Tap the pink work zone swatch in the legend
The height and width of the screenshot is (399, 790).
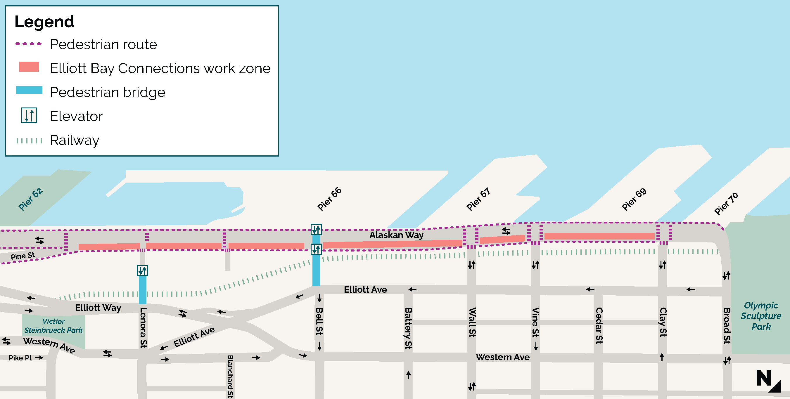click(29, 67)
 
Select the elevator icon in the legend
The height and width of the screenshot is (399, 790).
click(29, 116)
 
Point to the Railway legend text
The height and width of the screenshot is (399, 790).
click(75, 140)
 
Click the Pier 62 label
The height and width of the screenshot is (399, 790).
click(30, 199)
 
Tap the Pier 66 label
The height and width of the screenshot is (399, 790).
click(329, 199)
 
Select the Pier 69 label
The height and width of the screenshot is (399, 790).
click(634, 199)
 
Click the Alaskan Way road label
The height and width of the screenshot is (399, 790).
click(396, 235)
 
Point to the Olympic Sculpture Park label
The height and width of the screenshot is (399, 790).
click(761, 316)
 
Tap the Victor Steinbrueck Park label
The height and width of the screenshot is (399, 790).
click(53, 326)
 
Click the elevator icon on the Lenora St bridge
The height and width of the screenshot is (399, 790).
click(142, 270)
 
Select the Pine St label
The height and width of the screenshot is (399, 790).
click(23, 256)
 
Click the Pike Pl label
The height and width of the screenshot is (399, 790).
click(20, 358)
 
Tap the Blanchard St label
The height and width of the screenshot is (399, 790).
click(230, 377)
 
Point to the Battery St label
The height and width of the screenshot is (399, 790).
click(408, 328)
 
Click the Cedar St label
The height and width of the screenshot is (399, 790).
click(599, 325)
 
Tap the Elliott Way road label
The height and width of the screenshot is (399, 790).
click(98, 308)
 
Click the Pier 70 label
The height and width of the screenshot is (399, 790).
click(726, 204)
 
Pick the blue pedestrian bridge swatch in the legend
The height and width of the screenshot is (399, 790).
click(29, 90)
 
